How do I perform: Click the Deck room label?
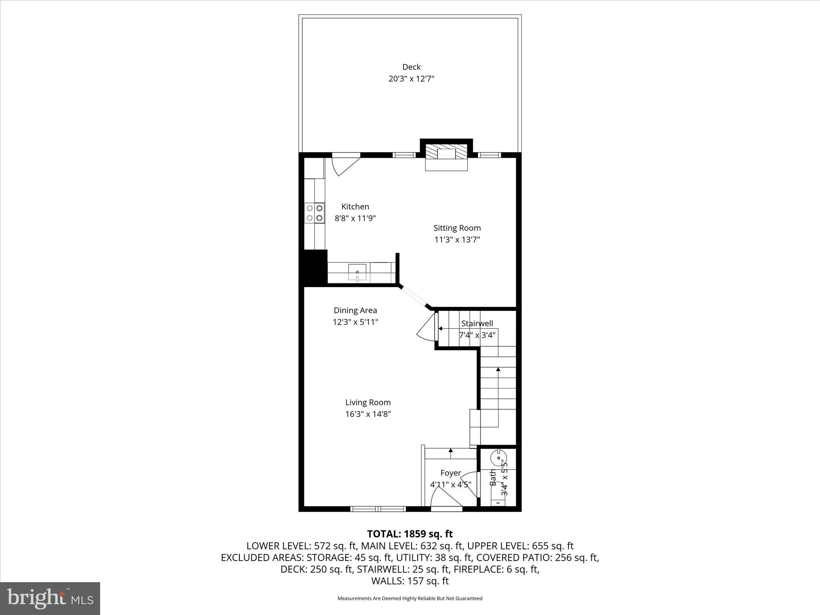pos(411,67)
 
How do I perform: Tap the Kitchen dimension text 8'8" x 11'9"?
pos(355,219)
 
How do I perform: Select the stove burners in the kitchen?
pos(315,213)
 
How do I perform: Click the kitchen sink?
pos(357,273)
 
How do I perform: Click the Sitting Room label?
pos(457,228)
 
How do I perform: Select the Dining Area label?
pos(355,310)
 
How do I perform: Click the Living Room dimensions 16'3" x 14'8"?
pos(368,414)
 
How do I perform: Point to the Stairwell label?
pos(477,323)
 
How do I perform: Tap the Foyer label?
pos(450,473)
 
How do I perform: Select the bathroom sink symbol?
pos(498,457)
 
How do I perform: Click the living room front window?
pos(378,509)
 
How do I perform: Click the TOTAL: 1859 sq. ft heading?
pos(410,534)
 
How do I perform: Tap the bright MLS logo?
pos(50,598)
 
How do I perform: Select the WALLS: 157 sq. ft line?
pos(410,581)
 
